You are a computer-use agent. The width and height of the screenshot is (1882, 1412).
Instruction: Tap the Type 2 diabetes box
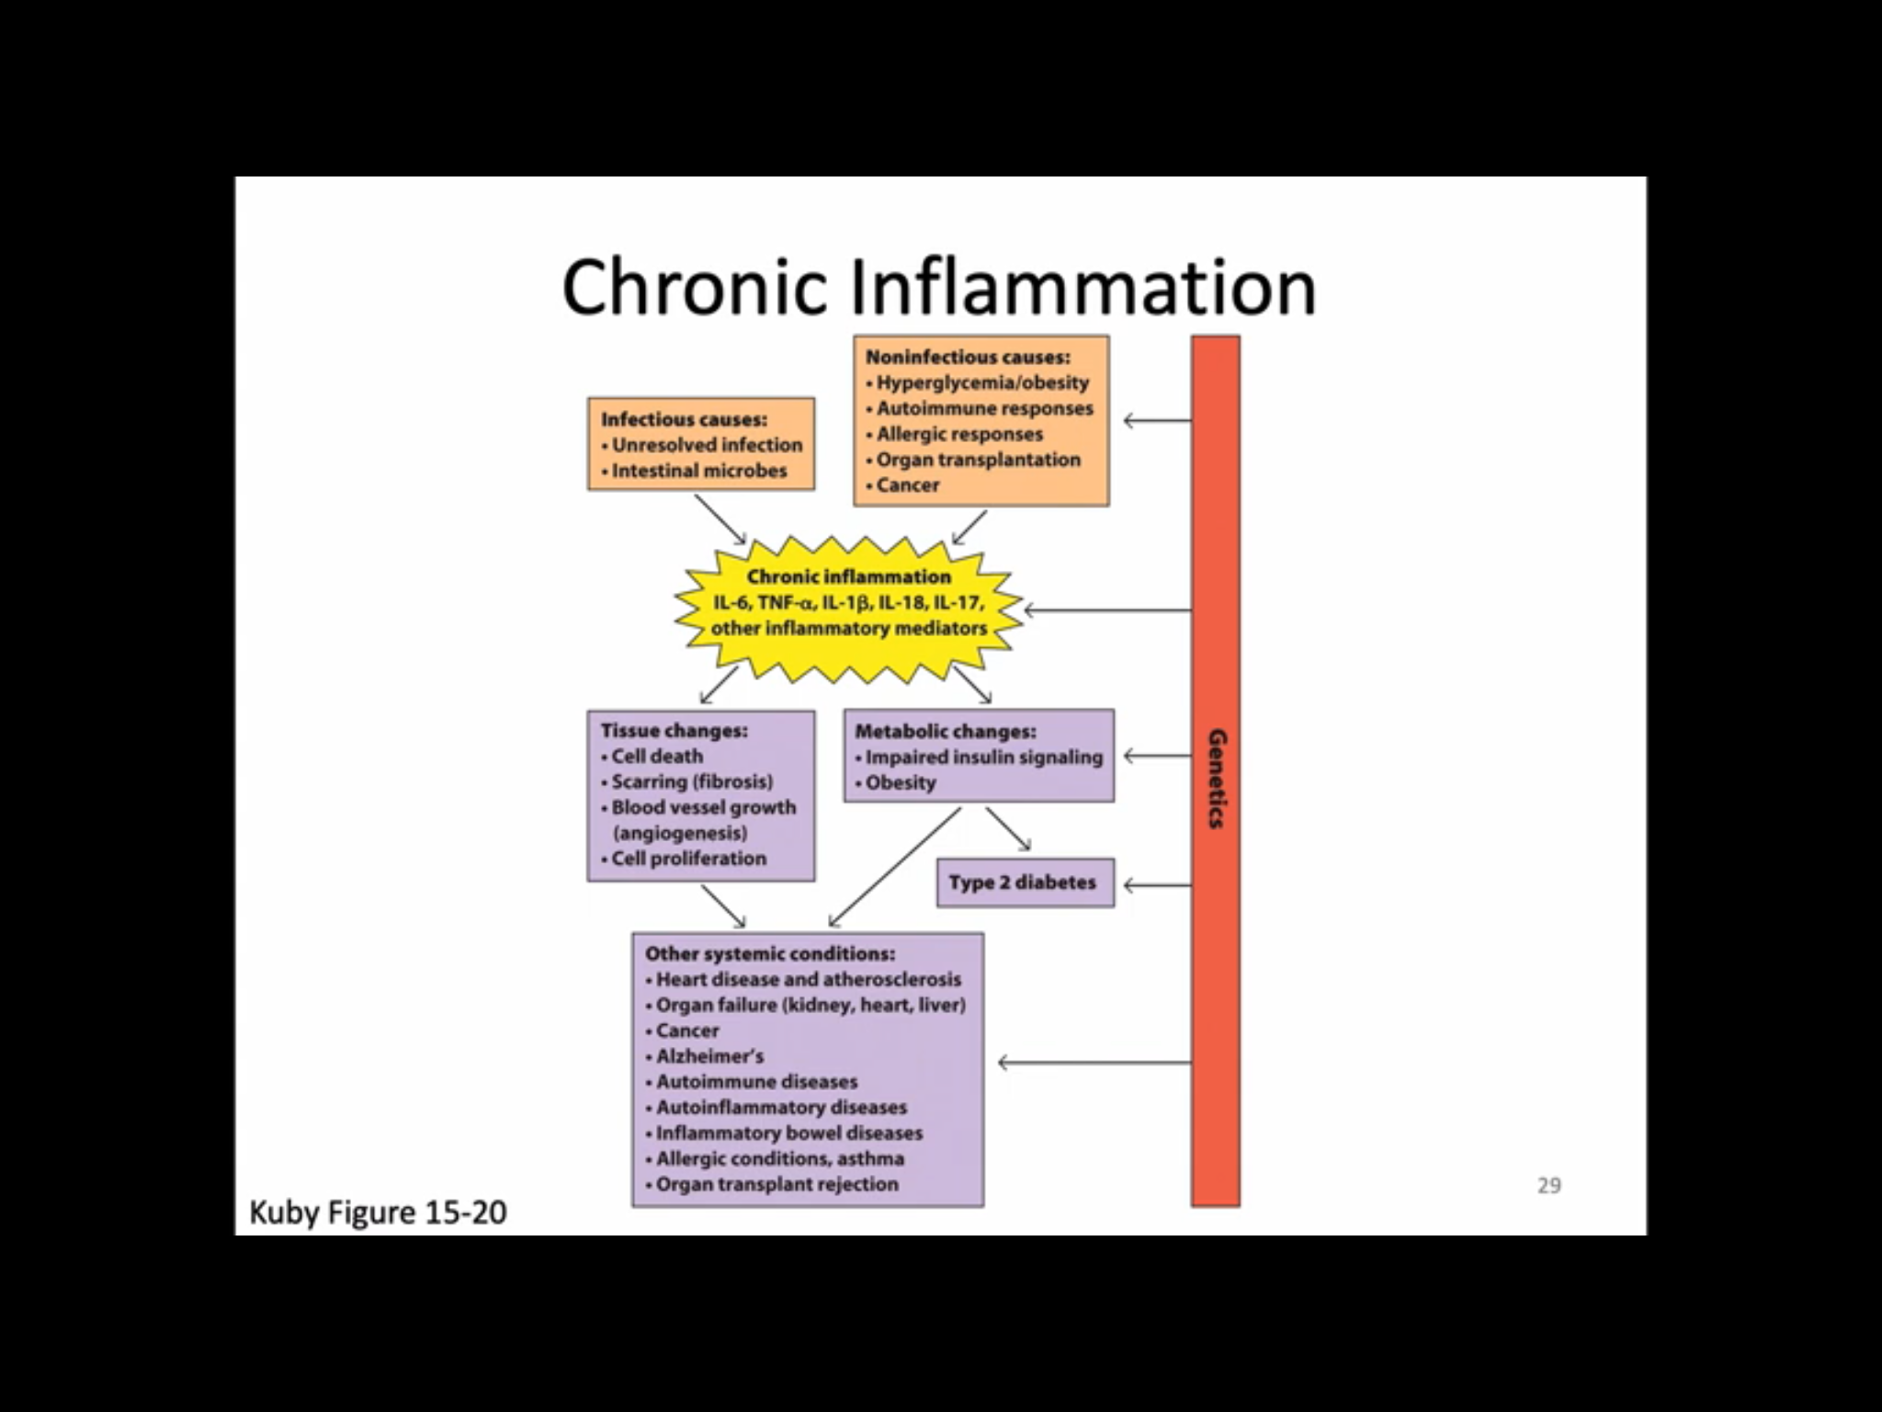point(1025,882)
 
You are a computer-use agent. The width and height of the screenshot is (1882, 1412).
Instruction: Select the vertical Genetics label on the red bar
point(1216,779)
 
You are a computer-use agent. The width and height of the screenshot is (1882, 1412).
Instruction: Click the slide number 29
point(1548,1186)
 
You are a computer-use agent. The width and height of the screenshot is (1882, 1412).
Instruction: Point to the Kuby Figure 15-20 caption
point(378,1213)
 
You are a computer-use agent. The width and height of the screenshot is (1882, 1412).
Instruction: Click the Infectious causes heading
point(684,419)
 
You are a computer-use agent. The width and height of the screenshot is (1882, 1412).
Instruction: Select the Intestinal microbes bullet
point(698,471)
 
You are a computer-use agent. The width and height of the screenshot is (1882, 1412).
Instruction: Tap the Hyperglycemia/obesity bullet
point(981,382)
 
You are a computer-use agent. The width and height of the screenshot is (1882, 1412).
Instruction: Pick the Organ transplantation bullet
point(978,460)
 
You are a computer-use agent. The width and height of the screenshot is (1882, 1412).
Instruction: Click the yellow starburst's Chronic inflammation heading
point(848,576)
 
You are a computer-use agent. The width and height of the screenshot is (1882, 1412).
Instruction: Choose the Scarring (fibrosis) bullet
point(691,781)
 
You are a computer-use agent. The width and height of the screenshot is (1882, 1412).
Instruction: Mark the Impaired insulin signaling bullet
point(983,757)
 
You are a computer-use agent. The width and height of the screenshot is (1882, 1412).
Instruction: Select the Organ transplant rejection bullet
point(777,1184)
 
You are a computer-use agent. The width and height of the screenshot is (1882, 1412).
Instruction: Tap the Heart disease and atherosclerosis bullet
point(808,980)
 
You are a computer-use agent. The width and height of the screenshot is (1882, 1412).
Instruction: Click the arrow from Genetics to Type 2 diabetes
point(1157,885)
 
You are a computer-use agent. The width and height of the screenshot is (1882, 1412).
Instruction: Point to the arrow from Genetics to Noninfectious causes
point(1157,421)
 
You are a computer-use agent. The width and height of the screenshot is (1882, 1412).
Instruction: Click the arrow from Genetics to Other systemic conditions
point(1094,1063)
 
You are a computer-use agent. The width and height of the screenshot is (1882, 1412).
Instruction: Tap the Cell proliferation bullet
point(688,859)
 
